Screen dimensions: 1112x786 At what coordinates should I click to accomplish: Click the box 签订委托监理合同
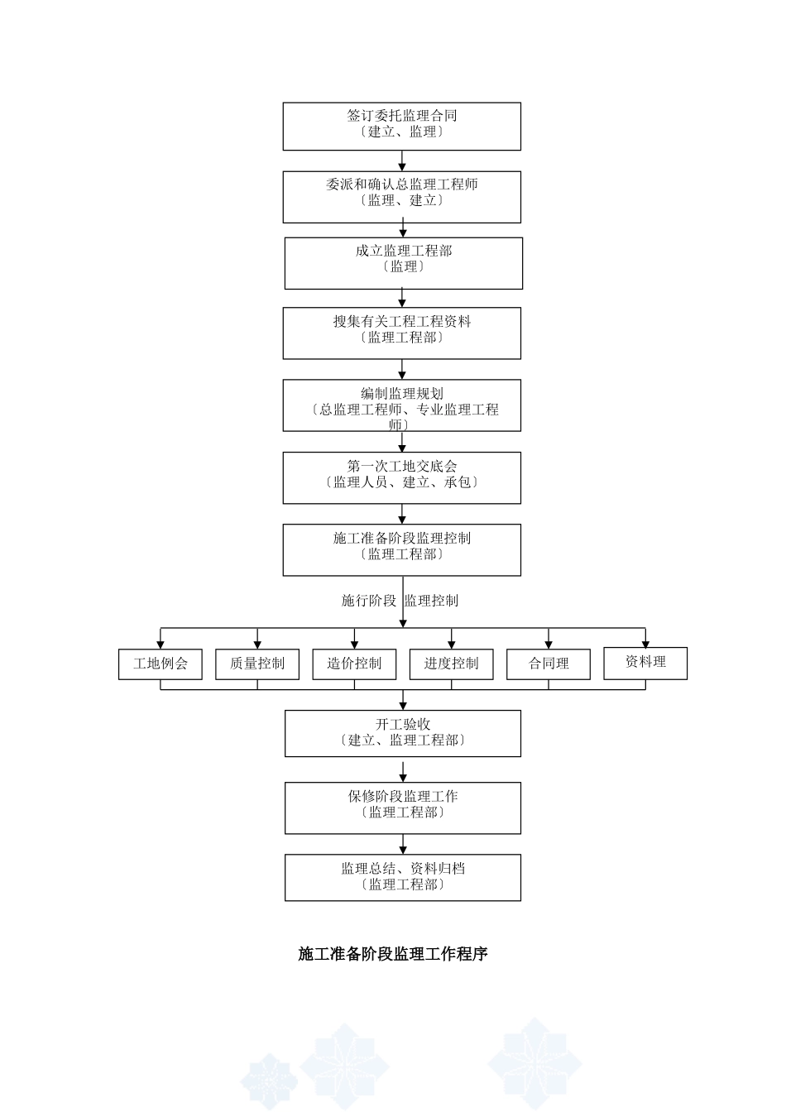pos(401,126)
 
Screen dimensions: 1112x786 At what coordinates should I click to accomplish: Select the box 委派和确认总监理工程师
pos(401,197)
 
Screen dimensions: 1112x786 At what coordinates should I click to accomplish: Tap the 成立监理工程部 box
pos(403,263)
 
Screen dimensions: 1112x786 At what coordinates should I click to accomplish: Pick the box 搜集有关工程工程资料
pos(401,333)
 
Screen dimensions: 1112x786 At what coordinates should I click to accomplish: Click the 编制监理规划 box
pos(401,405)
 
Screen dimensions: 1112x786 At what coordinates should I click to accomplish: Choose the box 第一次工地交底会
pos(401,477)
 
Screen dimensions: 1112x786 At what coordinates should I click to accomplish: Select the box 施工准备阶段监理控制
pos(401,549)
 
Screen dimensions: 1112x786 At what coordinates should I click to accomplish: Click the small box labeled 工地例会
pos(160,664)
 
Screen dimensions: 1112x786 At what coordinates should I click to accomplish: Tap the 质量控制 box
pos(257,664)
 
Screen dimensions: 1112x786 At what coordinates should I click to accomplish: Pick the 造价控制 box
pos(354,664)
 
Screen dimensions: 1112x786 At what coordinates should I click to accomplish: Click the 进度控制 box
pos(451,664)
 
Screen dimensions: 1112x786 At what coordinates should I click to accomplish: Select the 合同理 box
pos(549,664)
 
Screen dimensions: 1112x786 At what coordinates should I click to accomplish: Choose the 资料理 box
pos(645,663)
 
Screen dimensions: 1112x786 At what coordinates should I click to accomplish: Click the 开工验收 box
pos(403,733)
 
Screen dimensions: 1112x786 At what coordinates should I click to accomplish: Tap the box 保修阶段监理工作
pos(403,808)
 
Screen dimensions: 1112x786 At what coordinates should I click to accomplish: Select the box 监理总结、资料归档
pos(403,877)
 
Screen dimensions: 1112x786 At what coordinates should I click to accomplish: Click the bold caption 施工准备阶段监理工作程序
pos(393,954)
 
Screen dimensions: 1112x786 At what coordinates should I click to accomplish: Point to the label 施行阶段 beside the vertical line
pos(369,601)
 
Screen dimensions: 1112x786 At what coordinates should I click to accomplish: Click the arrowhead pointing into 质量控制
pos(257,644)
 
